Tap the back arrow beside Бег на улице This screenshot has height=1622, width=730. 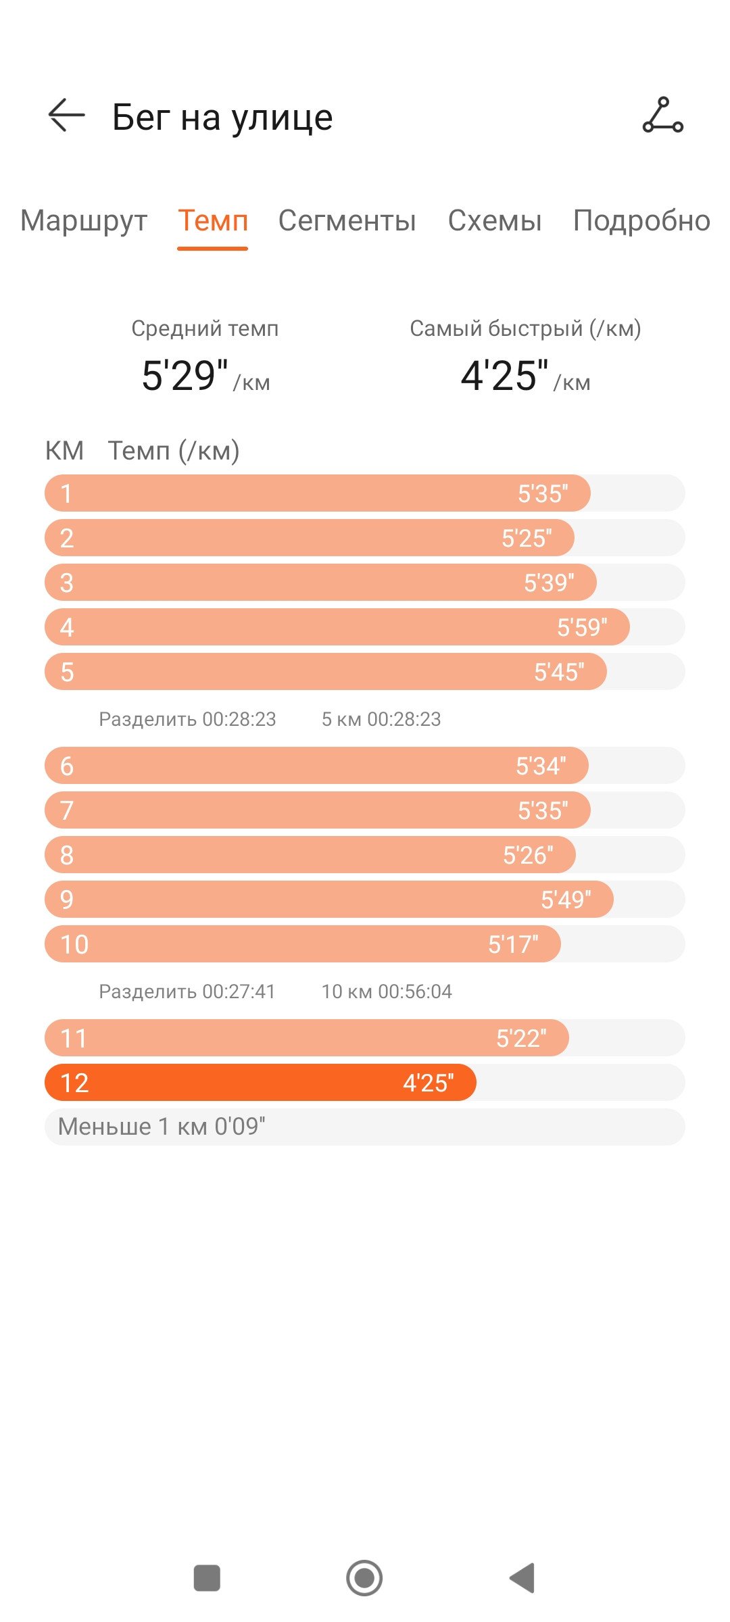point(66,116)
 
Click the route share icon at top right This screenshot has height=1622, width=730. point(662,116)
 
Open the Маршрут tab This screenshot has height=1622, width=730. point(84,221)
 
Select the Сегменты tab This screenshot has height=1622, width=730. point(347,220)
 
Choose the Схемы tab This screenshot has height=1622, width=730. point(495,220)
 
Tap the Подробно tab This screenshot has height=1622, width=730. point(641,220)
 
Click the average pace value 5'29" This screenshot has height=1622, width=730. point(185,376)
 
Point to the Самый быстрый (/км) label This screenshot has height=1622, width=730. point(525,328)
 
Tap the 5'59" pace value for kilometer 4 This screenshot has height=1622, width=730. point(582,627)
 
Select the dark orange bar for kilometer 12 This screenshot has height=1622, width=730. point(260,1083)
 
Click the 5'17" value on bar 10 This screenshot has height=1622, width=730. point(513,944)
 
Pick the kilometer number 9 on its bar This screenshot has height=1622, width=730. point(66,900)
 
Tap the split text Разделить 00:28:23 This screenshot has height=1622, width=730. point(187,719)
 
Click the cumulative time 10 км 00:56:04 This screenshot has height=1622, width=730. point(387,991)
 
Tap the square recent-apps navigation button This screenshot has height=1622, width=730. point(207,1579)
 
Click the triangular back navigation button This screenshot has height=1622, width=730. point(522,1579)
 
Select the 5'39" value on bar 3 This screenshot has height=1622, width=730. point(549,583)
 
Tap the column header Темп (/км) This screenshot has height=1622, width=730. point(174,451)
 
